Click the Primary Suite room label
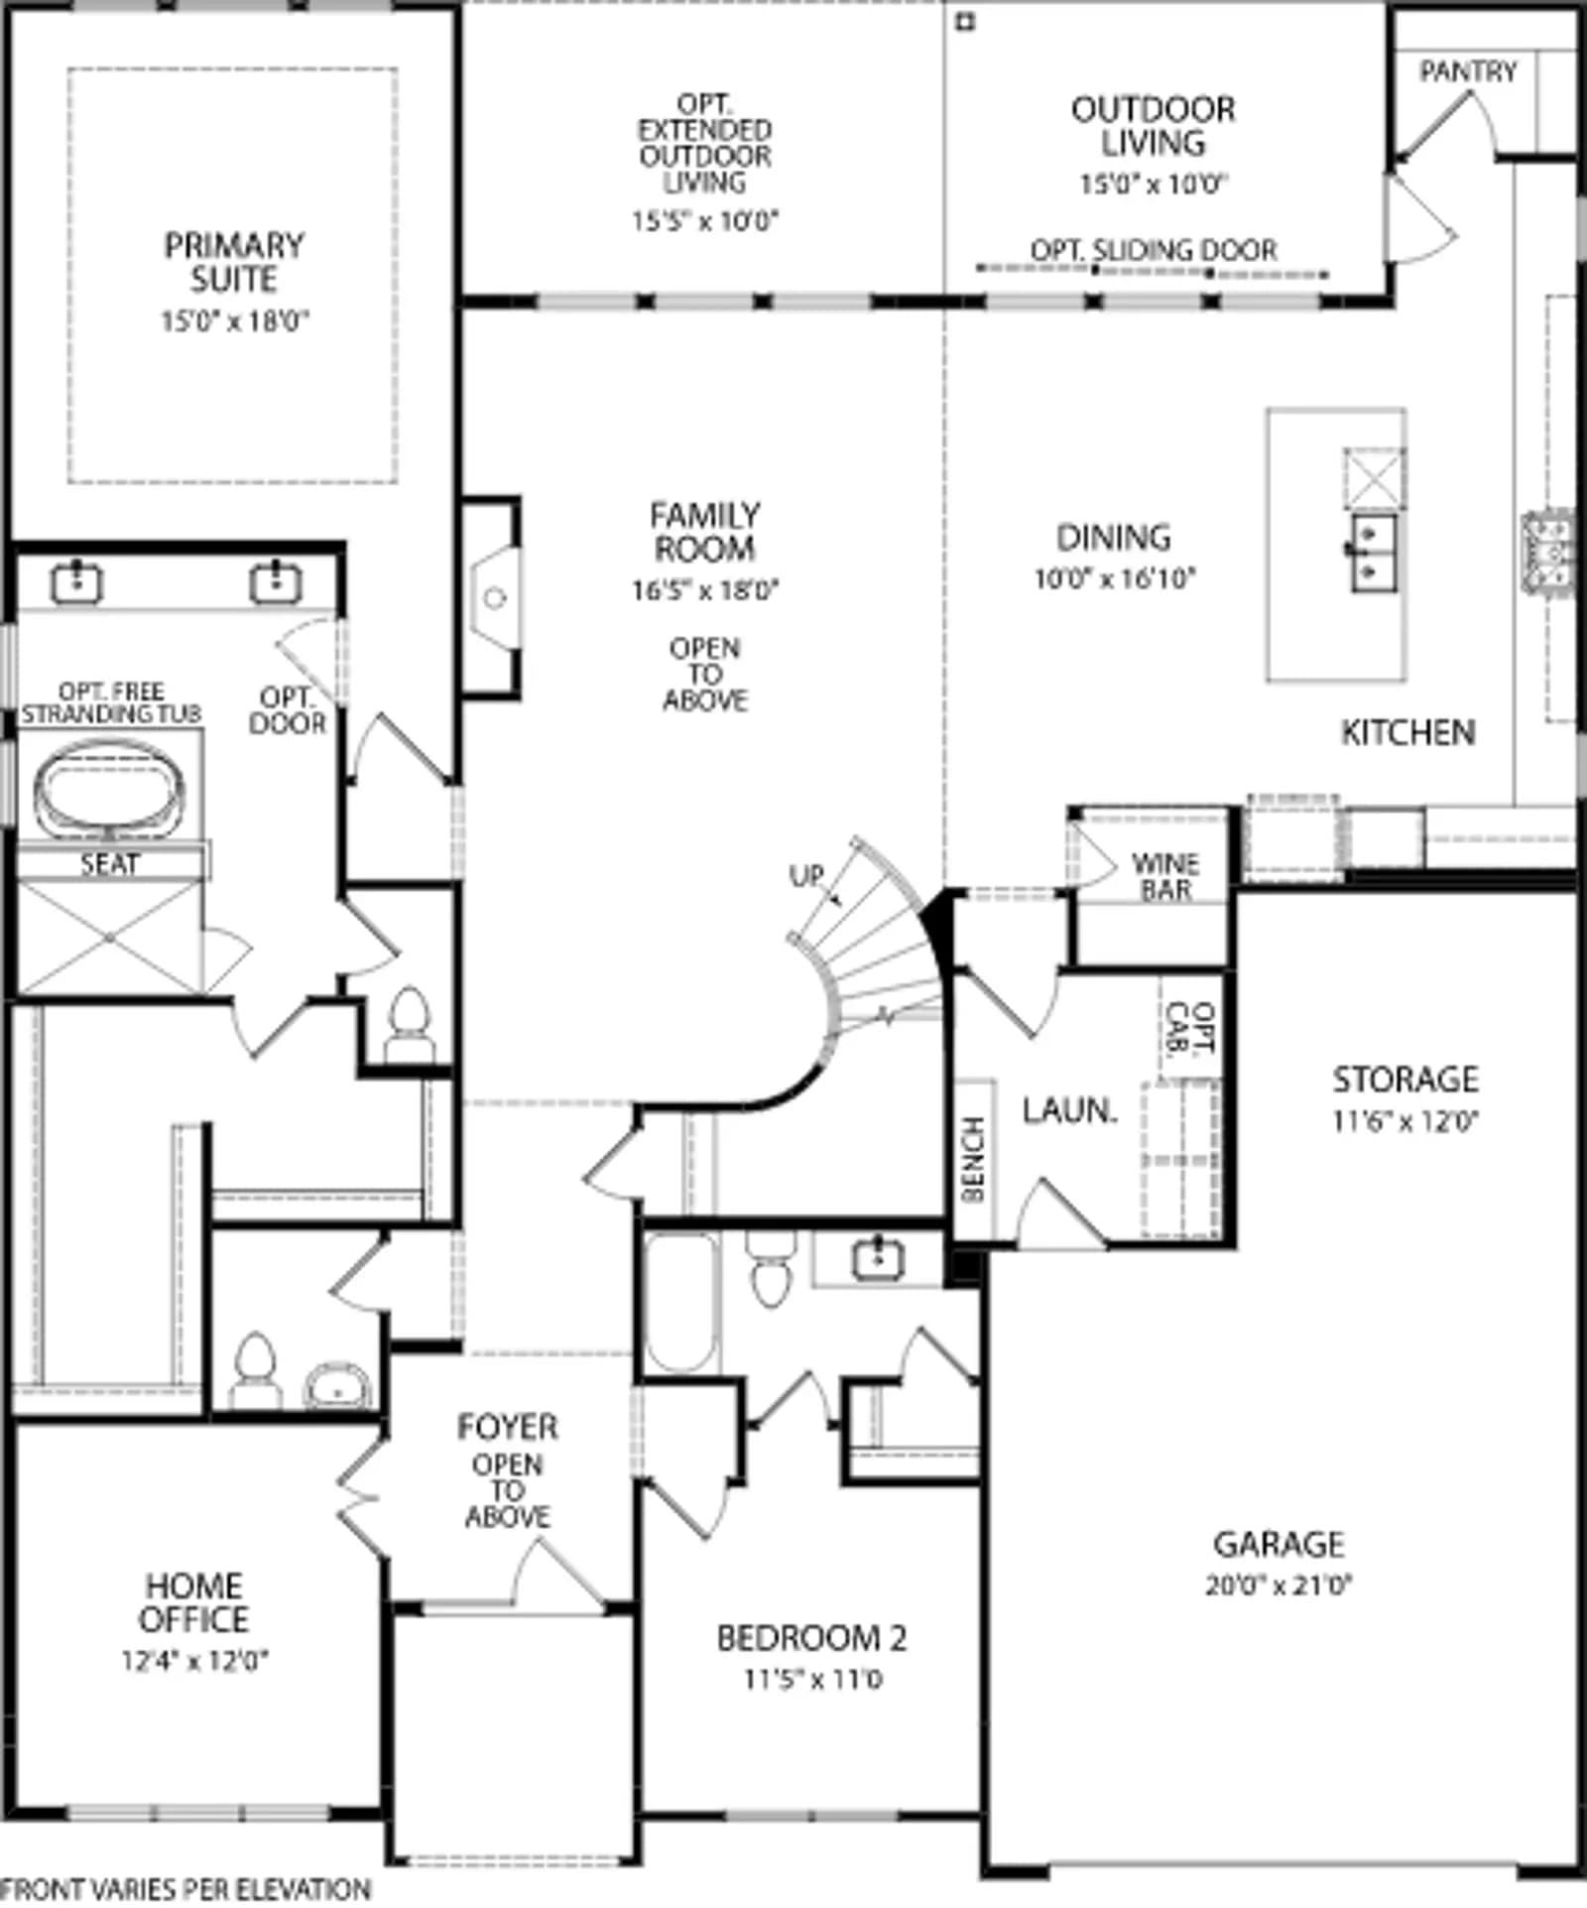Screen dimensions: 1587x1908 pyautogui.click(x=234, y=262)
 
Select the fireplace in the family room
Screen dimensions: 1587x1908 pyautogui.click(x=493, y=597)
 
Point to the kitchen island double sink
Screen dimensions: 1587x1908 pyautogui.click(x=1373, y=553)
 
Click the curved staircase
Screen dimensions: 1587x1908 pyautogui.click(x=873, y=953)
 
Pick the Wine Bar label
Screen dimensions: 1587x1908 pyautogui.click(x=1165, y=876)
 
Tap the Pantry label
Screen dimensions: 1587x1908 pyautogui.click(x=1468, y=71)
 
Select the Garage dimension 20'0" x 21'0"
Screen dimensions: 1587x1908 pyautogui.click(x=1279, y=1585)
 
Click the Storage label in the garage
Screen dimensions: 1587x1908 pyautogui.click(x=1405, y=1079)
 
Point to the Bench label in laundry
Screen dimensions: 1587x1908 pyautogui.click(x=973, y=1159)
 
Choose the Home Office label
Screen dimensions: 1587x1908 pyautogui.click(x=193, y=1601)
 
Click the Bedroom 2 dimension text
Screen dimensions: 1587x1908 pyautogui.click(x=812, y=1679)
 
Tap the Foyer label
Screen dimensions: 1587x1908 pyautogui.click(x=507, y=1426)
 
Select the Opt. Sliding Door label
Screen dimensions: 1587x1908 pyautogui.click(x=1154, y=250)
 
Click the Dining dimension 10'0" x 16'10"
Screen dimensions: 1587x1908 pyautogui.click(x=1115, y=577)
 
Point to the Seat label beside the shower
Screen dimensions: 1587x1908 pyautogui.click(x=109, y=863)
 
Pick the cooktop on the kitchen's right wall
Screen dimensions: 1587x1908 pyautogui.click(x=1549, y=552)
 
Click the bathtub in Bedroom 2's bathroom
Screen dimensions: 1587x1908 pyautogui.click(x=680, y=1303)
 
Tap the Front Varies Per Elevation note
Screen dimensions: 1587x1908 pyautogui.click(x=186, y=1889)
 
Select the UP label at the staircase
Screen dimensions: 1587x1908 pyautogui.click(x=806, y=875)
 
